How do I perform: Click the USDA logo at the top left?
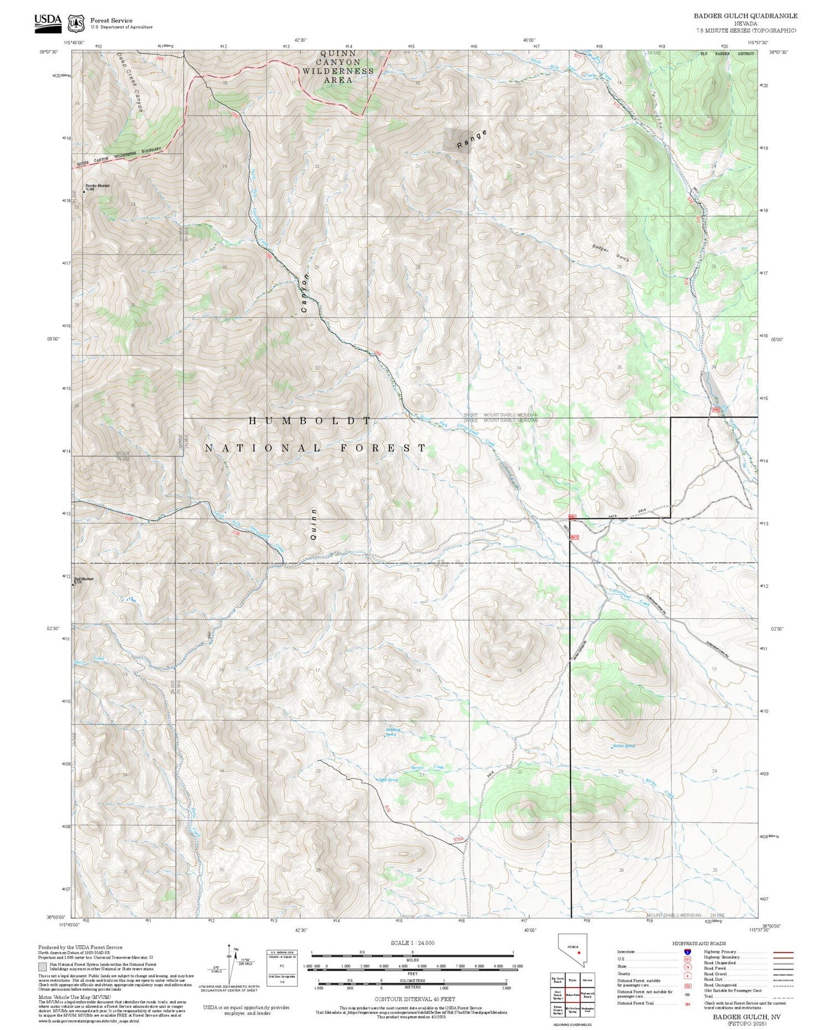tap(48, 20)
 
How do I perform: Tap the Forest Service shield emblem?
tap(75, 23)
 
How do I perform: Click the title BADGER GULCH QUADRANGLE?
tap(745, 16)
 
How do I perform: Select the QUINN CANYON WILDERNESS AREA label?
tap(338, 66)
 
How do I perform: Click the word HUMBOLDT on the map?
tap(310, 421)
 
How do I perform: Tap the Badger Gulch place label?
tap(610, 253)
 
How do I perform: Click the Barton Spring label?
tap(623, 746)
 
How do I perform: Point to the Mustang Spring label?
tap(392, 732)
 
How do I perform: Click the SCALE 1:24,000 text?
tap(412, 943)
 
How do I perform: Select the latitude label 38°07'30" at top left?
tap(49, 52)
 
